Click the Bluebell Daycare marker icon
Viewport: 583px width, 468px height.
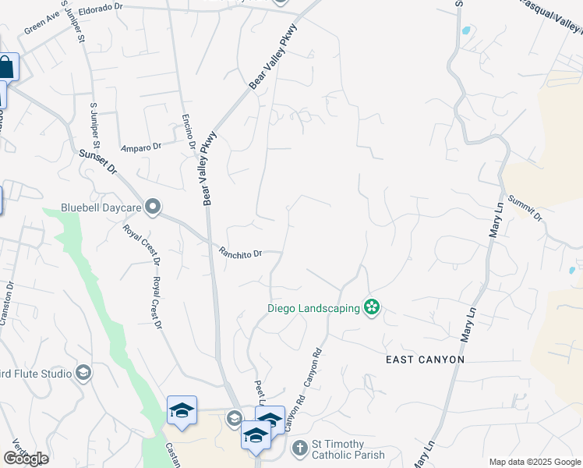click(153, 207)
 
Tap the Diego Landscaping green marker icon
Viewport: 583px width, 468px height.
click(372, 308)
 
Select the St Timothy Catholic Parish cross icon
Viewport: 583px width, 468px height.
click(300, 448)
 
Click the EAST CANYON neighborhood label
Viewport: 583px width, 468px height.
click(426, 360)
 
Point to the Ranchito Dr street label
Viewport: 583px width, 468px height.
click(240, 253)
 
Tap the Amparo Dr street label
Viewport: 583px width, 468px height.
click(140, 146)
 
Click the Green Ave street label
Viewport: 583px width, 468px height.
click(42, 27)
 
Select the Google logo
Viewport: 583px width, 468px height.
click(26, 459)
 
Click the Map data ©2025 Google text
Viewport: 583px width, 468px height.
click(534, 462)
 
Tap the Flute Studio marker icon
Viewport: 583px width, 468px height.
click(83, 374)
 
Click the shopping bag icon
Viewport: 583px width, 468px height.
click(6, 66)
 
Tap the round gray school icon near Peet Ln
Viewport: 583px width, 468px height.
click(234, 419)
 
